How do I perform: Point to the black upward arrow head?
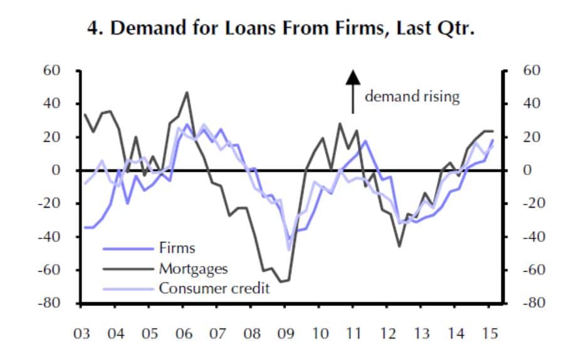(x=353, y=77)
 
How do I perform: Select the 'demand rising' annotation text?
(x=412, y=97)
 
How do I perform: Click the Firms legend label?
(x=177, y=248)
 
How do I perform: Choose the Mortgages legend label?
(x=193, y=269)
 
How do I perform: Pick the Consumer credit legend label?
(x=214, y=289)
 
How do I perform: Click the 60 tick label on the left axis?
(x=51, y=70)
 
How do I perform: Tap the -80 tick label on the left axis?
(x=50, y=303)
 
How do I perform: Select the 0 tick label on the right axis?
(x=527, y=170)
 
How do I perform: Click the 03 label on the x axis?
(x=81, y=334)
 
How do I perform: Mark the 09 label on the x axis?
(x=286, y=334)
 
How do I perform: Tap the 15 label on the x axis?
(x=490, y=334)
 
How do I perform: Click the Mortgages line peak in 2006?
(x=186, y=92)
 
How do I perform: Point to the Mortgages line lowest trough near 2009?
(x=281, y=282)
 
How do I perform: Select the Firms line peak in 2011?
(x=365, y=140)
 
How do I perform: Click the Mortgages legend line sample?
(x=128, y=269)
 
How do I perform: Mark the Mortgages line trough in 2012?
(x=399, y=246)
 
